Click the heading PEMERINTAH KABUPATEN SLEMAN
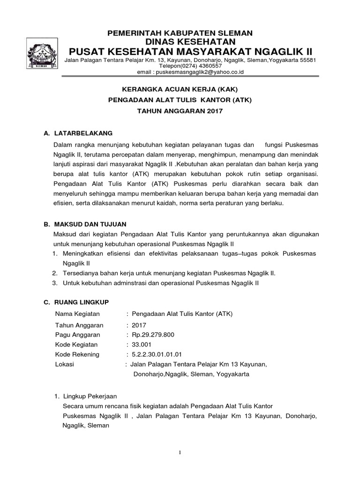[180, 33]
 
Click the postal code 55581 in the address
[306, 60]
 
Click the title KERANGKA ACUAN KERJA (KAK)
[180, 90]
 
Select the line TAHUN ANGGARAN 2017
[180, 111]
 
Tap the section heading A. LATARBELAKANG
[78, 133]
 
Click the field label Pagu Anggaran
[77, 334]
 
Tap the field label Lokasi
[64, 364]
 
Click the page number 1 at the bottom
[180, 452]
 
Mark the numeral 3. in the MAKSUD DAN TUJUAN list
[54, 283]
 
